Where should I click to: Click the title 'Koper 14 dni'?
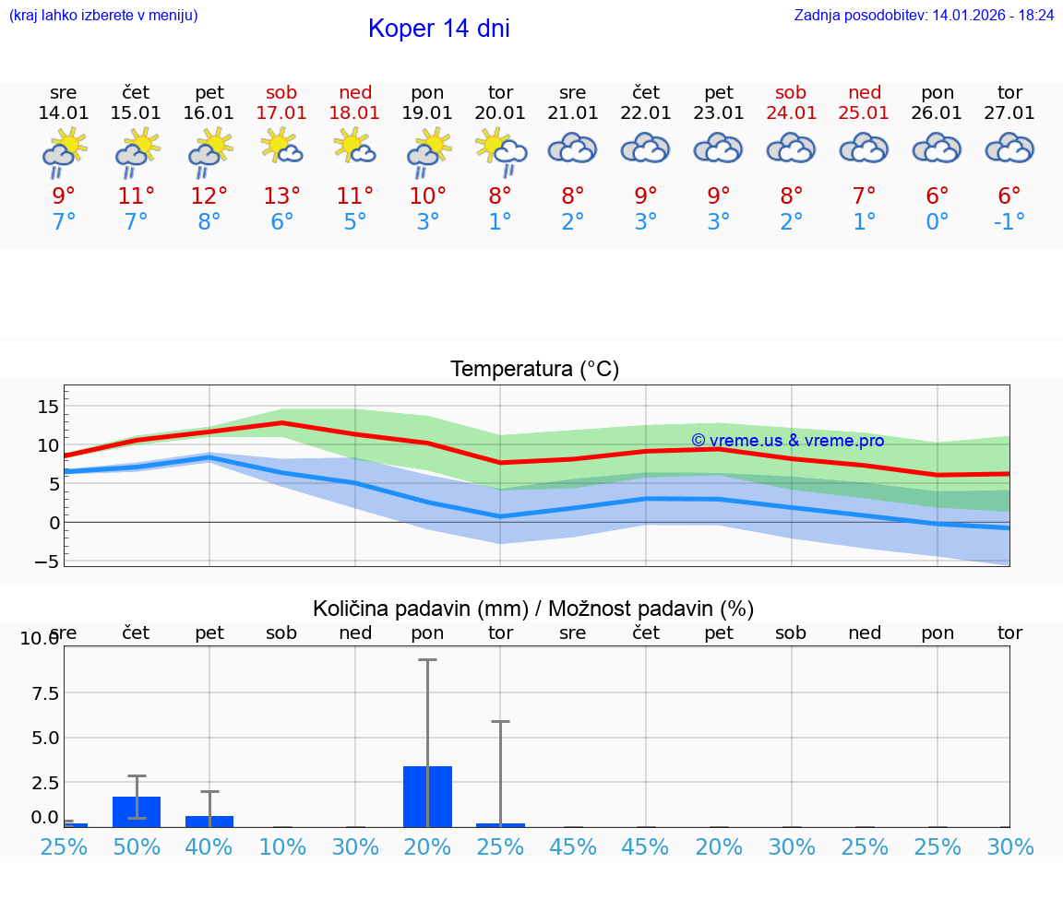438,29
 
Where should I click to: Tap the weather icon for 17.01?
281,148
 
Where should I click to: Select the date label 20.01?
500,113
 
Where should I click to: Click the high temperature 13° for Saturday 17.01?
281,196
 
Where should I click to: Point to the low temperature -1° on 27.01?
1009,222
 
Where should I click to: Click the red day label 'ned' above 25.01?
865,92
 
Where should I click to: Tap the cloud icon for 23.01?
718,148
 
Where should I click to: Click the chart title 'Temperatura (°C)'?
534,370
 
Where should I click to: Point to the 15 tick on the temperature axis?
48,407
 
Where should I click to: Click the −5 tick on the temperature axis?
48,561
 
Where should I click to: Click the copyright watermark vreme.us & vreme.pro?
787,441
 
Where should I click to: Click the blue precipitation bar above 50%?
137,811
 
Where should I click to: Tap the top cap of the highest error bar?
427,659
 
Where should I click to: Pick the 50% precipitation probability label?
137,846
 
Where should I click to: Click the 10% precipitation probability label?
281,846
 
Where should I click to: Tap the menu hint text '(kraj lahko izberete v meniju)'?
103,15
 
